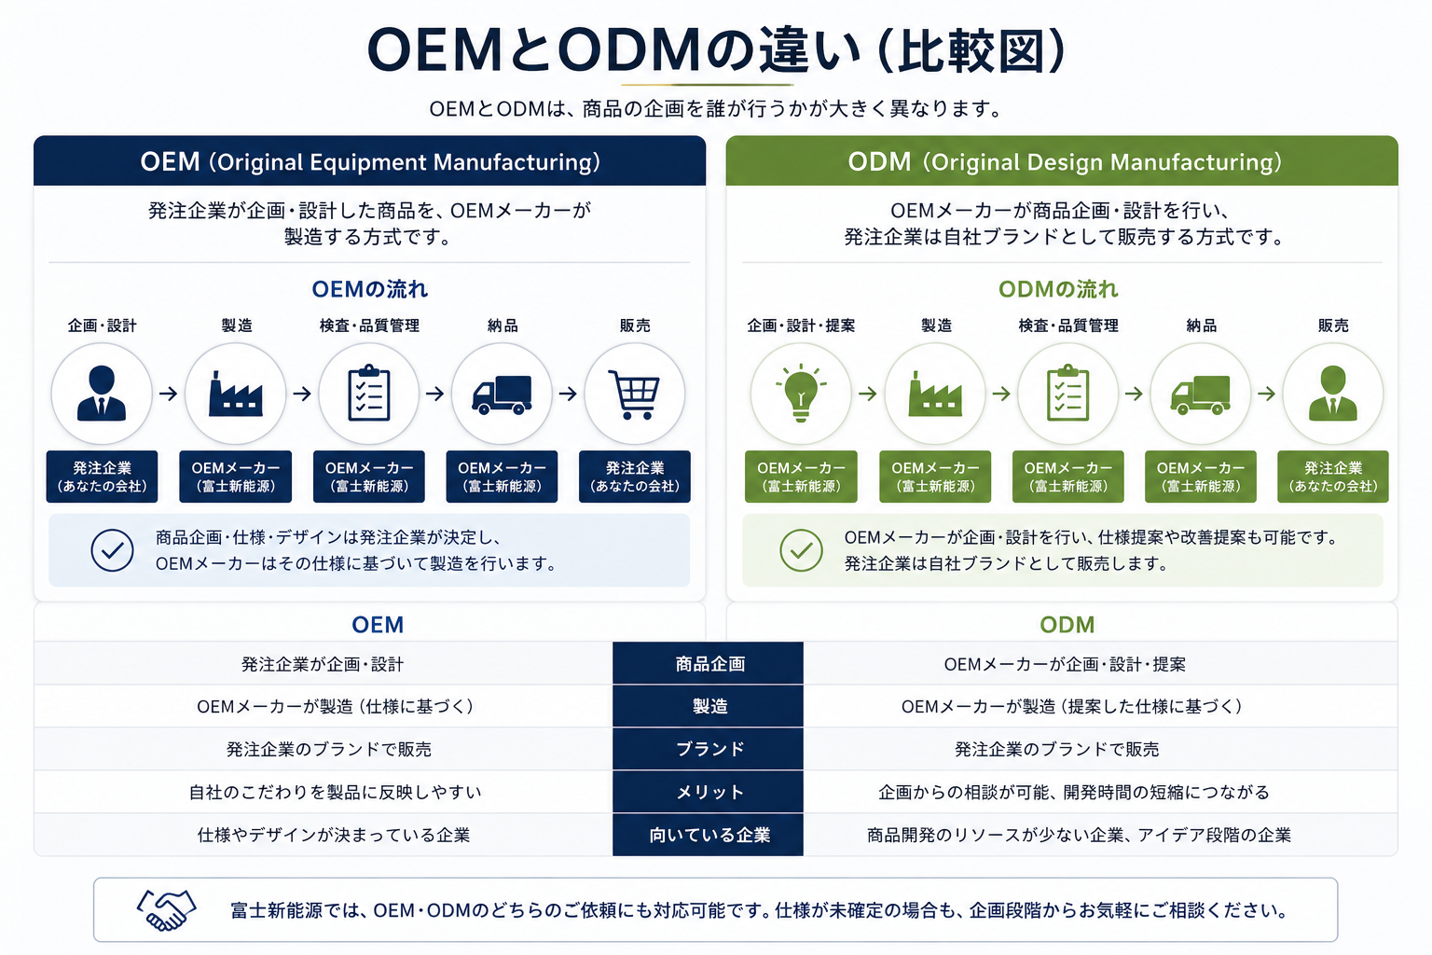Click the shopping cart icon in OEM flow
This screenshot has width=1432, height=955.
point(634,394)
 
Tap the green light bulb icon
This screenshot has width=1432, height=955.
point(801,393)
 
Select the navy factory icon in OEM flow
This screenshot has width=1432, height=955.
point(235,394)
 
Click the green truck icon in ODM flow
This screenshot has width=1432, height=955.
point(1200,394)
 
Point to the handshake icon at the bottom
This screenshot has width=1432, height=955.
point(166,909)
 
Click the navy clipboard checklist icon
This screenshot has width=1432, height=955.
point(369,392)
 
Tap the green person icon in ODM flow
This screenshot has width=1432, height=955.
point(1332,393)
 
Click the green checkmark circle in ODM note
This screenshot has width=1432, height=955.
point(801,550)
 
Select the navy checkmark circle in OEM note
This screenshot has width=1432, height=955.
point(112,550)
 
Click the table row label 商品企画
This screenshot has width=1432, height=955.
point(709,664)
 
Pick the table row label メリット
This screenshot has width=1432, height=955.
point(709,792)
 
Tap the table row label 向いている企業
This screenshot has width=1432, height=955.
point(709,835)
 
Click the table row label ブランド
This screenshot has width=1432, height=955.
point(709,749)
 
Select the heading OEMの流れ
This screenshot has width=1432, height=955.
point(369,289)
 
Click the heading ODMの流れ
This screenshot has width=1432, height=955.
point(1058,289)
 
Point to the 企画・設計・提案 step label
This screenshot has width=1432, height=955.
point(801,325)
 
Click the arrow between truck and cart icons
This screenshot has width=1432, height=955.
point(568,394)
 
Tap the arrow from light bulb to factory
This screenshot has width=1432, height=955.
point(868,394)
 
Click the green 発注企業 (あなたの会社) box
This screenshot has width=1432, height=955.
point(1332,477)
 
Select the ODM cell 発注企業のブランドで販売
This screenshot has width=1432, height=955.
point(1056,749)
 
